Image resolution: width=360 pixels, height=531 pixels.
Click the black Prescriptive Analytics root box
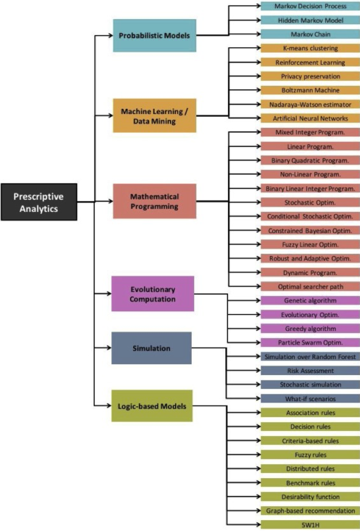[x=39, y=202]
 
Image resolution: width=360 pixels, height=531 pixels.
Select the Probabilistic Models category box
[x=154, y=35]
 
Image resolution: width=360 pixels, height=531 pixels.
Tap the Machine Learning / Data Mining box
[x=154, y=116]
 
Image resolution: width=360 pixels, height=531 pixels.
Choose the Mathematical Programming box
[x=154, y=202]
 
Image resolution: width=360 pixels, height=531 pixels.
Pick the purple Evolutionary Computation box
[x=152, y=294]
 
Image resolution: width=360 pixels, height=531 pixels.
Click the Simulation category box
[x=151, y=348]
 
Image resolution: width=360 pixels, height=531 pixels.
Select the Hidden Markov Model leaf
[x=310, y=20]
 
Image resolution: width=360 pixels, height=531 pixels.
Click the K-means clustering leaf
[x=310, y=48]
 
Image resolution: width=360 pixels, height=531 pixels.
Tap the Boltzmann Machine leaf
[x=310, y=90]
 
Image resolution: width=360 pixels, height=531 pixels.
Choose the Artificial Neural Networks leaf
[x=310, y=118]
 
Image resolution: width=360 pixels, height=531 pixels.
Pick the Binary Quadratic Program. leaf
[x=310, y=160]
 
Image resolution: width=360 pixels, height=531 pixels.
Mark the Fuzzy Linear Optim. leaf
[x=310, y=244]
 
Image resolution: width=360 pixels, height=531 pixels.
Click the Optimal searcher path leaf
[x=310, y=286]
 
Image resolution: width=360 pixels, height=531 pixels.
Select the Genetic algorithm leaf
[x=310, y=300]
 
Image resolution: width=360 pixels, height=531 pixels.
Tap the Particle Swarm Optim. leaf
[x=310, y=342]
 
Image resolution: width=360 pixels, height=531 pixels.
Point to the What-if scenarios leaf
[x=310, y=399]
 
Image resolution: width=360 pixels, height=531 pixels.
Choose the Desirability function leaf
[x=310, y=496]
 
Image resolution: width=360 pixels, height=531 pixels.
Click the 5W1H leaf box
[x=310, y=524]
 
